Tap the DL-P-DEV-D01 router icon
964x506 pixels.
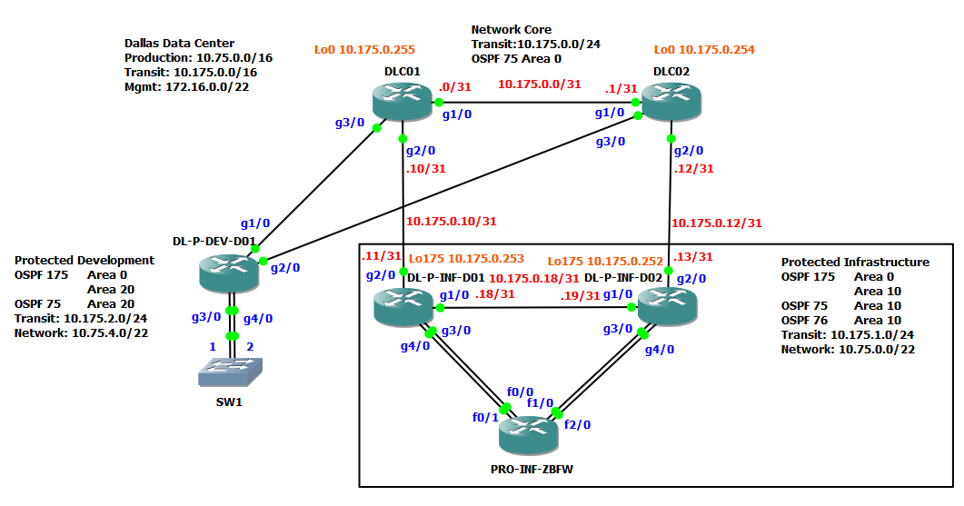pyautogui.click(x=229, y=272)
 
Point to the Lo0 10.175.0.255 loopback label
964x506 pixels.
pyautogui.click(x=364, y=49)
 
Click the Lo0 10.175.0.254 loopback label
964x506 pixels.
pyautogui.click(x=704, y=49)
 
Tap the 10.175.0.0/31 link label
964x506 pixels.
pyautogui.click(x=539, y=84)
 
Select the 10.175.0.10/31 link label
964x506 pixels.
pyautogui.click(x=451, y=221)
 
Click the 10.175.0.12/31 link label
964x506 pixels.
pyautogui.click(x=716, y=222)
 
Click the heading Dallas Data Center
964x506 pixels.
pyautogui.click(x=179, y=43)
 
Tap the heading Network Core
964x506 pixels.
pyautogui.click(x=511, y=30)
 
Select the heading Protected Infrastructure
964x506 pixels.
pyautogui.click(x=855, y=262)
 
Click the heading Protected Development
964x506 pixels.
pyautogui.click(x=84, y=260)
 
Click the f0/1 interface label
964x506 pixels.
pyautogui.click(x=485, y=417)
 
